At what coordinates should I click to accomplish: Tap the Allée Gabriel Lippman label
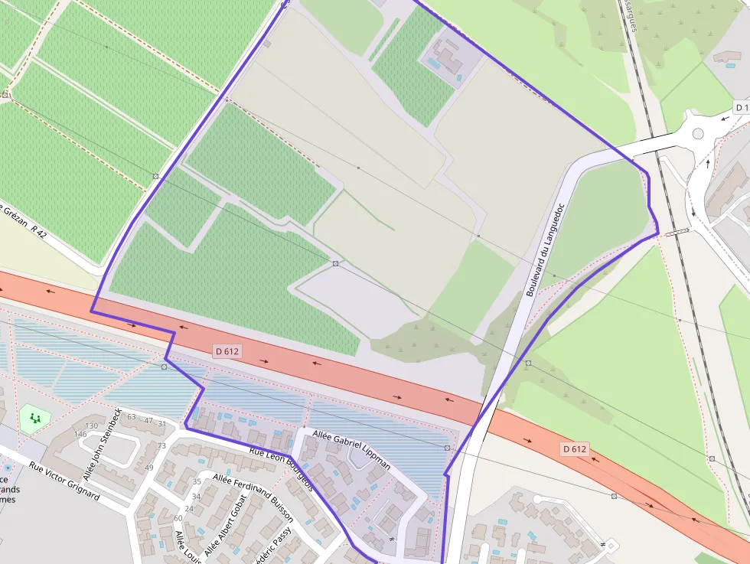(x=351, y=449)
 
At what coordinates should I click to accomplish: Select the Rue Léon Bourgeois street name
(x=281, y=468)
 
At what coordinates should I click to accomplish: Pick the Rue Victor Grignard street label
(x=64, y=481)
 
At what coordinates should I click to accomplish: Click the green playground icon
(x=35, y=418)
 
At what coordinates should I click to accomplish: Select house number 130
(x=92, y=425)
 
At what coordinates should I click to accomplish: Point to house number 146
(x=80, y=434)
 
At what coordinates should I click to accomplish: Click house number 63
(x=131, y=417)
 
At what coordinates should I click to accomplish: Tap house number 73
(x=161, y=445)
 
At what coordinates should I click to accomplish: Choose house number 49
(x=149, y=468)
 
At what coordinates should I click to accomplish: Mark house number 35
(x=197, y=481)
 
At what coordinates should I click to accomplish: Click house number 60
(x=178, y=518)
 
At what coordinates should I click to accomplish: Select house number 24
(x=188, y=508)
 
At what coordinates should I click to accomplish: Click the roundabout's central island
(x=697, y=133)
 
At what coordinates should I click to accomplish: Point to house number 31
(x=161, y=423)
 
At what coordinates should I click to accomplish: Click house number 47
(x=148, y=422)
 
